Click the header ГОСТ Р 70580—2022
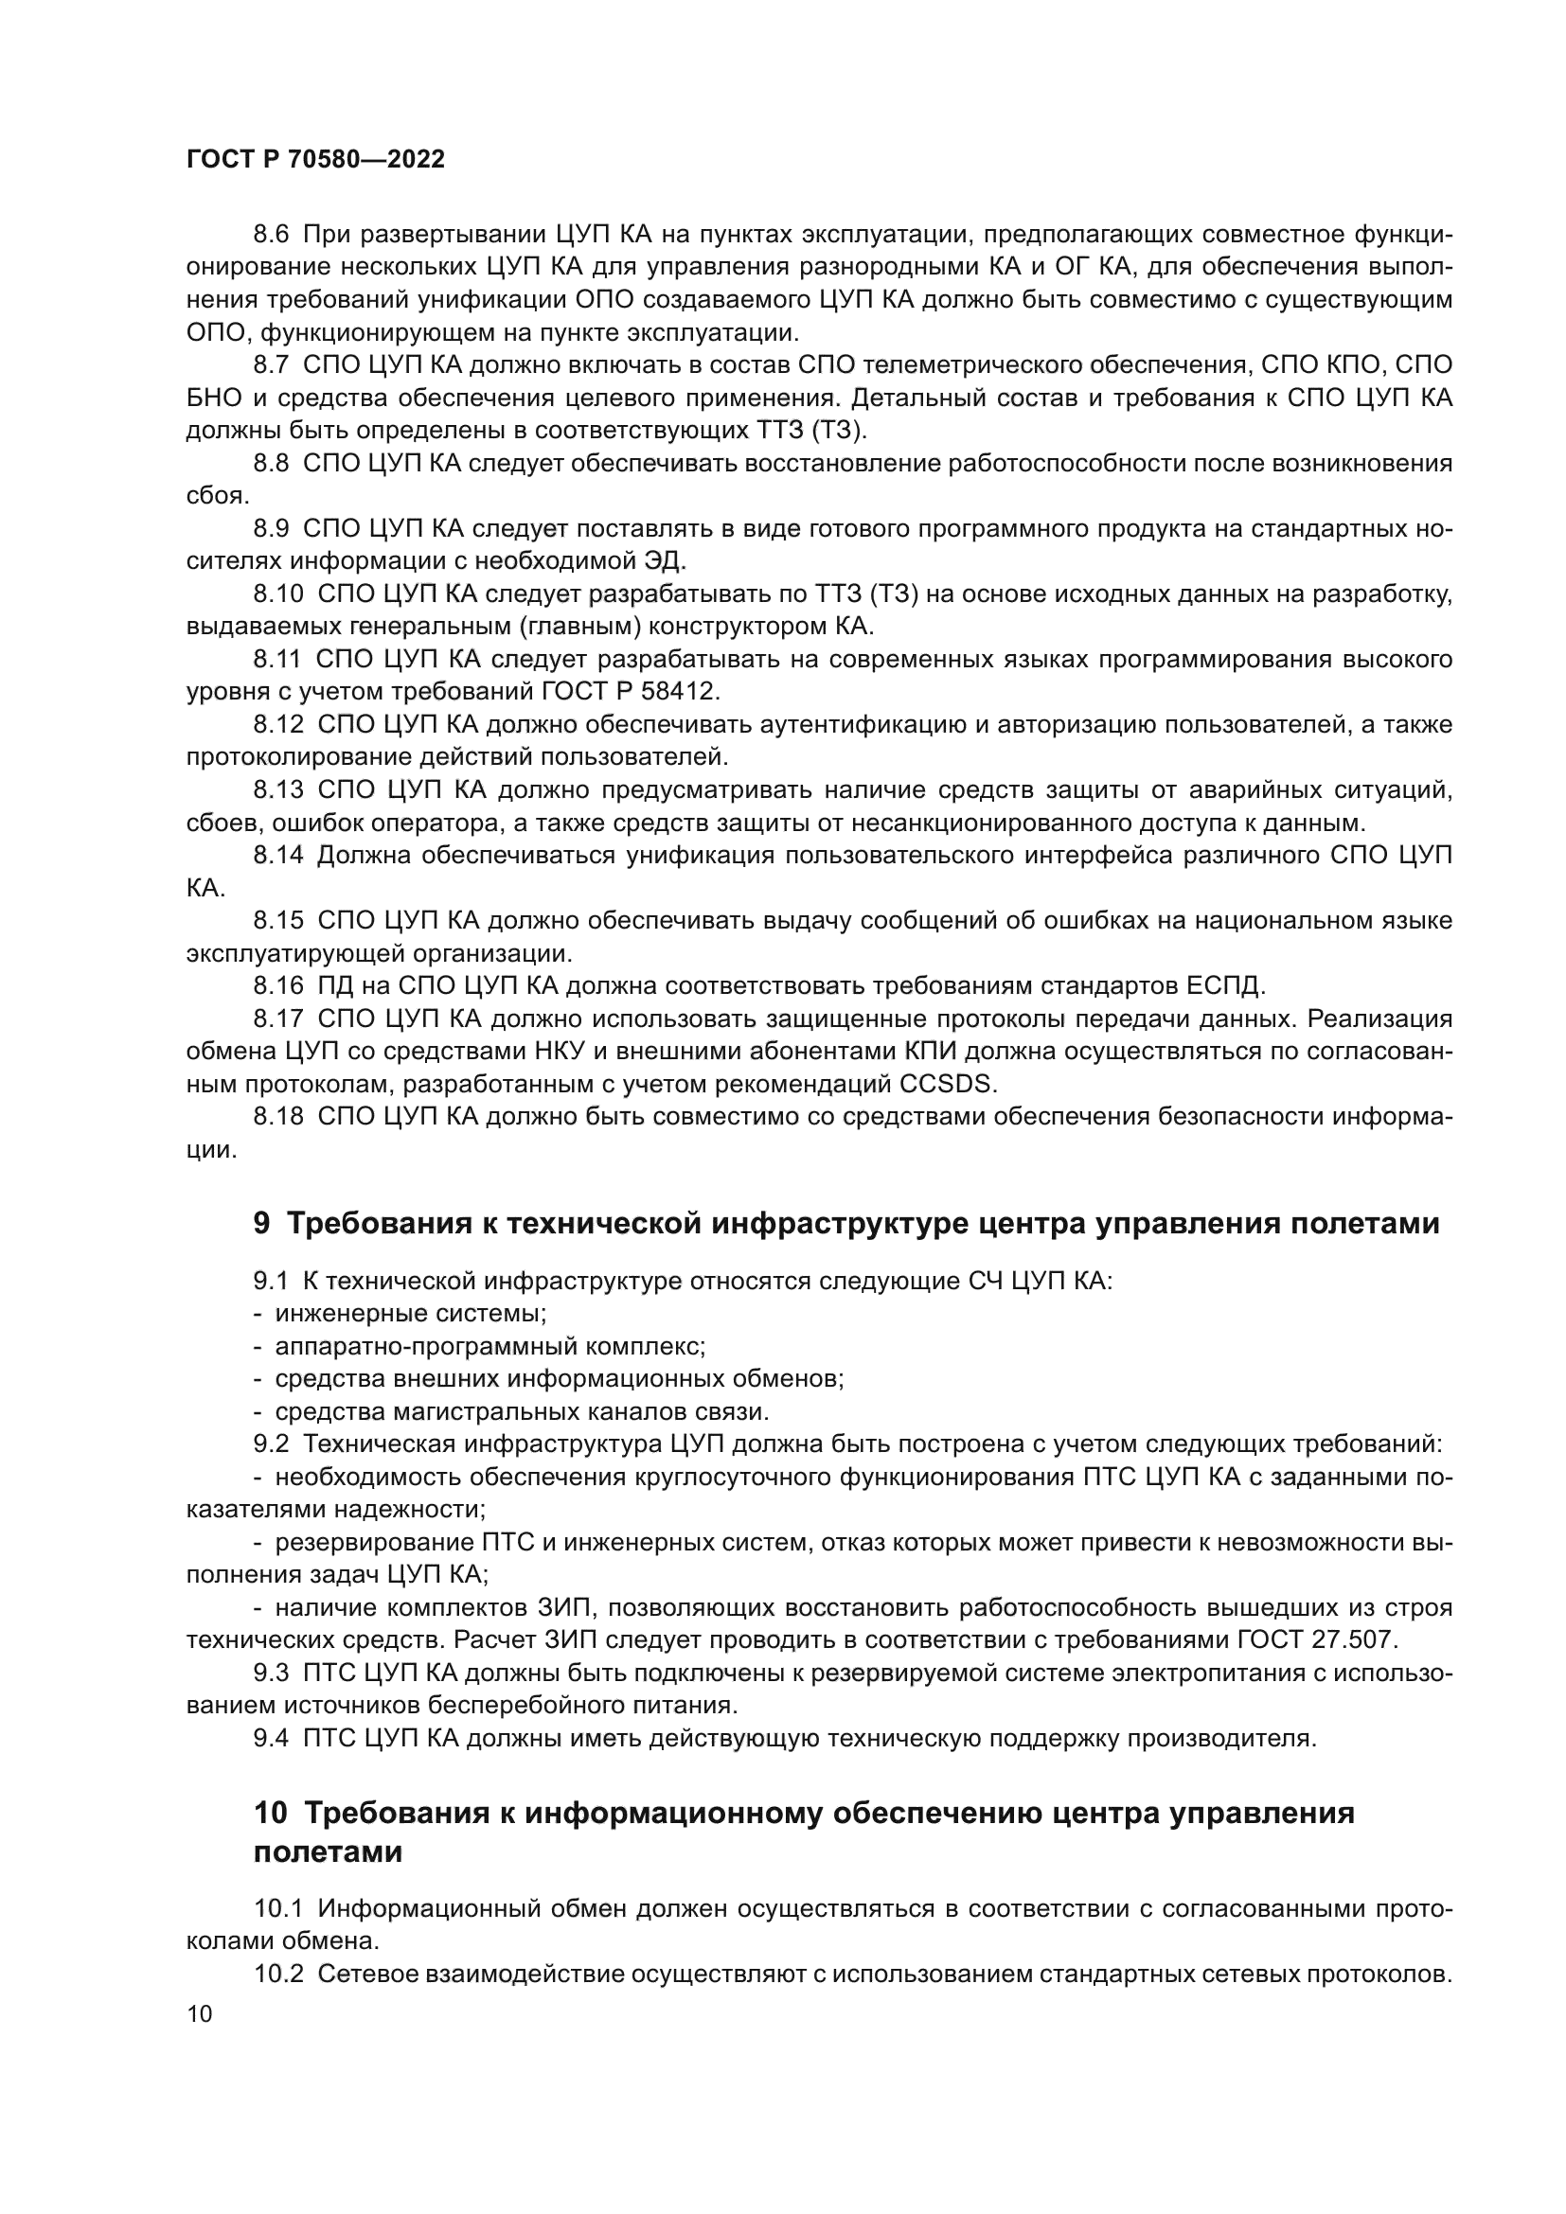pos(315,160)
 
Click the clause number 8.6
pos(271,235)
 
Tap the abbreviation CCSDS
pos(945,1084)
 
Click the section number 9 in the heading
pos(261,1224)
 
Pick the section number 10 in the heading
pos(270,1814)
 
